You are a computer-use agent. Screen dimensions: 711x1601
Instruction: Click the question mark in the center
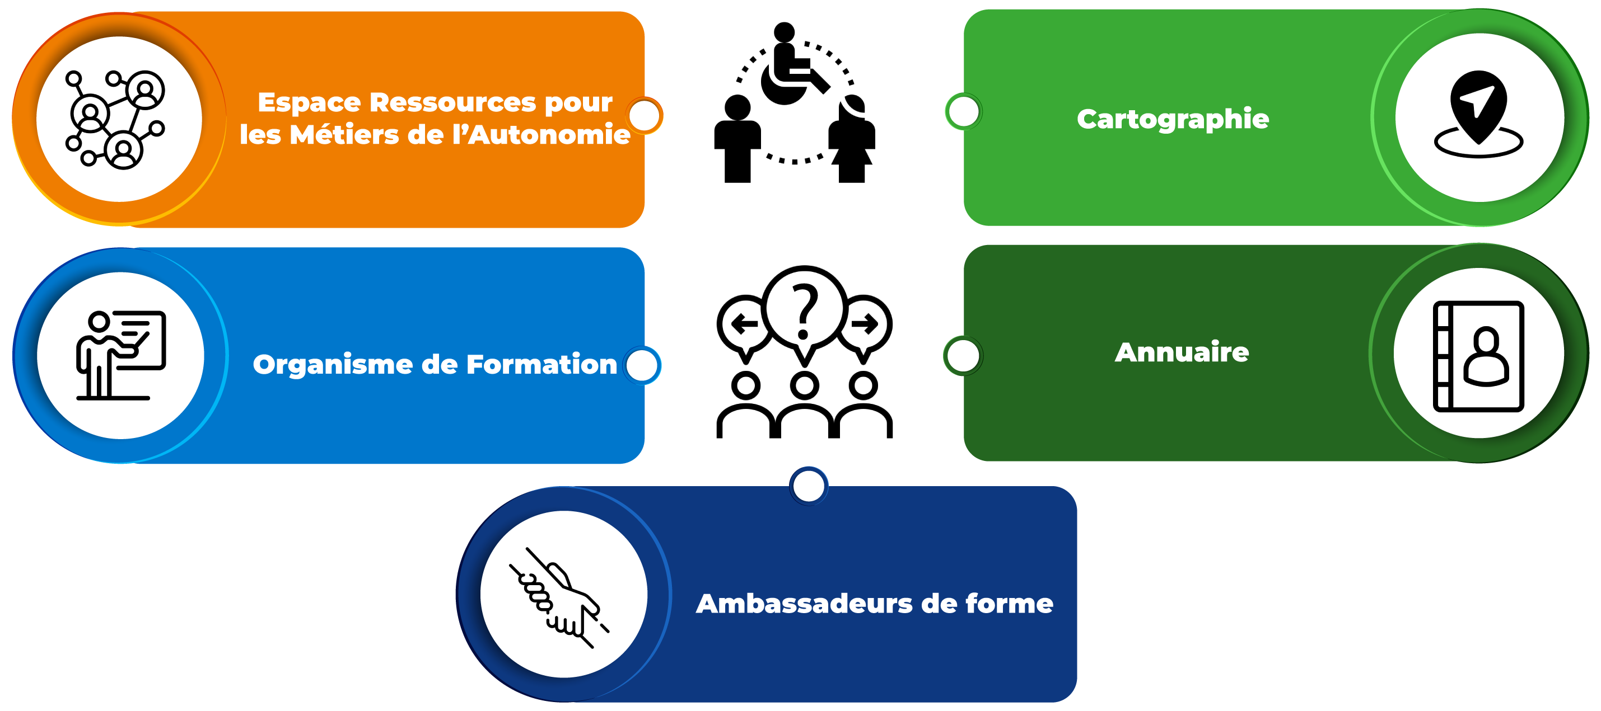click(x=804, y=308)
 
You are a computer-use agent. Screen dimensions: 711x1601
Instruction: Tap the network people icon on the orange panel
click(x=117, y=119)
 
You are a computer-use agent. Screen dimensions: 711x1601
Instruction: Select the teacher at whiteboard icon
click(x=120, y=355)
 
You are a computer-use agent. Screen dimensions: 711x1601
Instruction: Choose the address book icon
click(x=1478, y=355)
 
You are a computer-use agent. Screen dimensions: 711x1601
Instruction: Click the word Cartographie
click(x=1173, y=119)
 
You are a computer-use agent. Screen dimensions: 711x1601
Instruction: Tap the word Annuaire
click(x=1182, y=352)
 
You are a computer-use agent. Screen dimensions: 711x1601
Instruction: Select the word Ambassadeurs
click(x=804, y=604)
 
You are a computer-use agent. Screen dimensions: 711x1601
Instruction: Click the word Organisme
click(x=333, y=365)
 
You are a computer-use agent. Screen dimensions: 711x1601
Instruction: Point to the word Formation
click(x=542, y=365)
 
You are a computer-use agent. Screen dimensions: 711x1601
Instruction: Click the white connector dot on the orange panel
click(x=645, y=115)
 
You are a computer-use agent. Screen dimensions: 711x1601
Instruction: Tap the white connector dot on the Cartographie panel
click(x=963, y=112)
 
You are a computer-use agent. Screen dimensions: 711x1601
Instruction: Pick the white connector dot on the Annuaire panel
click(x=963, y=356)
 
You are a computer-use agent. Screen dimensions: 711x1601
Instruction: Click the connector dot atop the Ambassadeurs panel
click(x=809, y=486)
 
